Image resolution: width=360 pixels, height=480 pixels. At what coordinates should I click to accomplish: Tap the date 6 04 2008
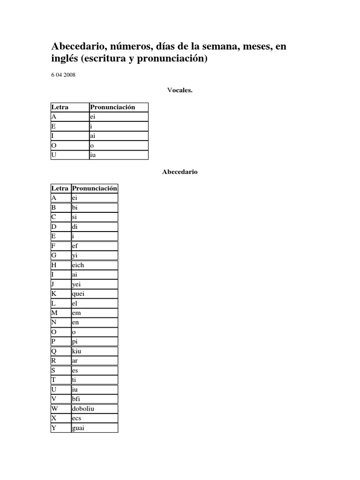click(x=64, y=75)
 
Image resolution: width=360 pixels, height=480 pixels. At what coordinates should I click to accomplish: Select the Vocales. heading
click(x=180, y=90)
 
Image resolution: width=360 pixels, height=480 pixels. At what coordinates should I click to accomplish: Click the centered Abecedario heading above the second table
click(x=180, y=172)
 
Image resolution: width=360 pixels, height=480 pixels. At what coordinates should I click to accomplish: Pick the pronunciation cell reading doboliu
click(x=83, y=408)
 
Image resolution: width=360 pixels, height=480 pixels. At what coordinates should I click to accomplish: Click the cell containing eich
click(x=78, y=265)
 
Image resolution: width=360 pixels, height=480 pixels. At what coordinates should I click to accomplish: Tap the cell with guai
click(x=78, y=427)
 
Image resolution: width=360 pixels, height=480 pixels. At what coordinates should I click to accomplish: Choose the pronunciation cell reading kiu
click(x=77, y=351)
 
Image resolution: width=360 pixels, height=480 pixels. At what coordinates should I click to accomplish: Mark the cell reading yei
click(x=76, y=284)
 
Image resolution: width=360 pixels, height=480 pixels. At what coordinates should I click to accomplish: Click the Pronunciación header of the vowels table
click(x=112, y=107)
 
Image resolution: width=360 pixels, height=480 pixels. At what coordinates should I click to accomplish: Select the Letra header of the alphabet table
click(x=60, y=188)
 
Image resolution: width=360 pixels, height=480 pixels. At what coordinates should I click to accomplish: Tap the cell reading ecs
click(x=76, y=418)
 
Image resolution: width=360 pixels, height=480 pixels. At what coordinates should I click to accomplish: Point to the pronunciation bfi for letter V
click(x=76, y=399)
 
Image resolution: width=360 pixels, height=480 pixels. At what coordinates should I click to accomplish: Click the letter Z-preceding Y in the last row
click(x=54, y=427)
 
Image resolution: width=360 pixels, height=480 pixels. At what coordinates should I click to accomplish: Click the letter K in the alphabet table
click(x=54, y=294)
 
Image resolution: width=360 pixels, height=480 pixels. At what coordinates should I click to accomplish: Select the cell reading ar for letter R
click(x=75, y=360)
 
